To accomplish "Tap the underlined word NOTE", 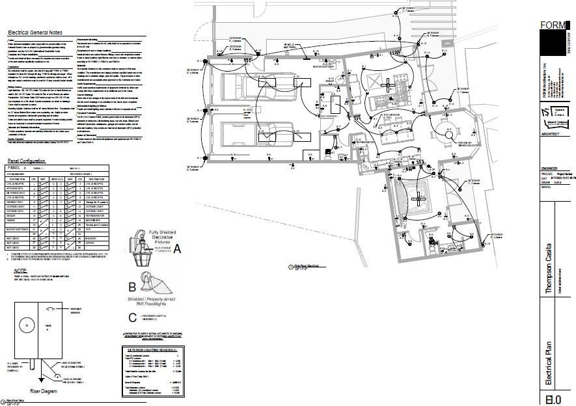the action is click(x=21, y=270).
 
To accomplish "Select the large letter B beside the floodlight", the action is click(x=132, y=286).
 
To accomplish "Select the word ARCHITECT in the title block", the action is click(x=551, y=134).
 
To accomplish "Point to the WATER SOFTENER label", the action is click(x=324, y=66).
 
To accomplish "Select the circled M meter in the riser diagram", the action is click(x=26, y=323).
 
